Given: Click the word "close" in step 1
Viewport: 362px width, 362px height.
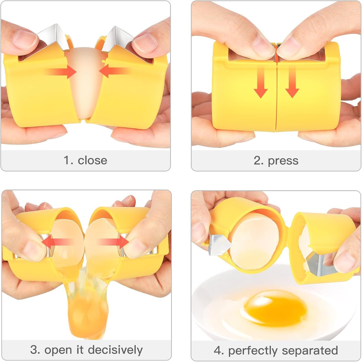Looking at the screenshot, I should coord(92,160).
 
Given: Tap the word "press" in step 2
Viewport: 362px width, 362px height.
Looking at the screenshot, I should coord(283,161).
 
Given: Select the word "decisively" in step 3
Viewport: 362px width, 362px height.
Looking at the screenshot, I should coord(115,349).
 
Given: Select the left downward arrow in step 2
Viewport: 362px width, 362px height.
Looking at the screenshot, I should coord(261,83).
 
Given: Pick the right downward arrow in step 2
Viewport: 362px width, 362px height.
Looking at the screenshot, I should coord(292,83).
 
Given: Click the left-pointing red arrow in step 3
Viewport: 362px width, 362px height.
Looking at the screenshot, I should coord(56,242).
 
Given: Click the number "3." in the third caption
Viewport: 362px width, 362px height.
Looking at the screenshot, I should coord(35,349).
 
